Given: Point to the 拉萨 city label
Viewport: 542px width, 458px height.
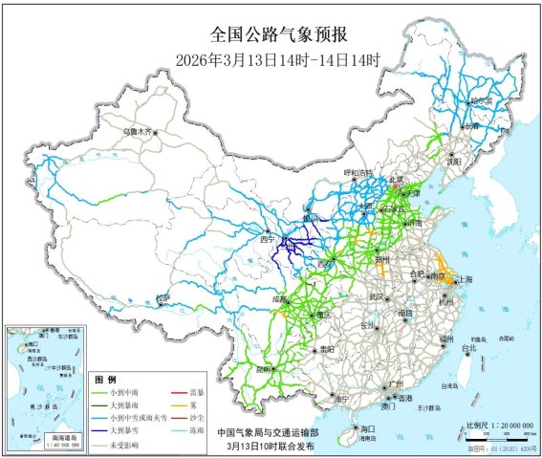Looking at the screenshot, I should [163, 298].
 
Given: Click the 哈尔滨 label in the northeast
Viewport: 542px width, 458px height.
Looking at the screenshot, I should [479, 99].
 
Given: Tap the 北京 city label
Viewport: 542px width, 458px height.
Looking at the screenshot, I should [396, 179].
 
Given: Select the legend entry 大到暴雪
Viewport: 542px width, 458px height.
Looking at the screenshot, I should [123, 431].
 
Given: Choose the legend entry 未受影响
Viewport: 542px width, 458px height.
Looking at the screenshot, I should [123, 445].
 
